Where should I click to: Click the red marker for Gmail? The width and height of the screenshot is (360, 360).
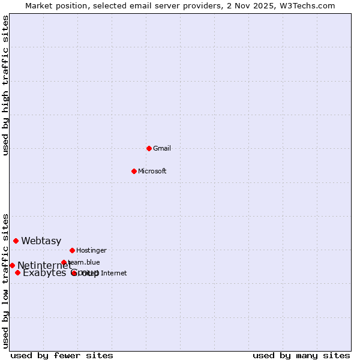pos(149,148)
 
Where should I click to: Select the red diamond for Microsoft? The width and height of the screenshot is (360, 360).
pos(134,171)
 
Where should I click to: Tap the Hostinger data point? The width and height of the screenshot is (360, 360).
pos(72,250)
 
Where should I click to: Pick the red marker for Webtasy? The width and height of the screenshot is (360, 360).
pos(16,241)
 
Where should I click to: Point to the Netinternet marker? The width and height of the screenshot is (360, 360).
pos(12,265)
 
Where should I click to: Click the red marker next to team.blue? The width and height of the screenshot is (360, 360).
pos(64,262)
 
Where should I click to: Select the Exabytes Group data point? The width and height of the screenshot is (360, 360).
pos(17,273)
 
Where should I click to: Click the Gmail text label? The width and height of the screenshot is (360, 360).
pos(162,148)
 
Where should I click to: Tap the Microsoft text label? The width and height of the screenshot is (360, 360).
pos(152,171)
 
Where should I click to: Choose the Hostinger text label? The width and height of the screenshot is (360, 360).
pos(91,250)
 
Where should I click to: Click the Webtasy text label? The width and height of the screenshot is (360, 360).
pos(41,241)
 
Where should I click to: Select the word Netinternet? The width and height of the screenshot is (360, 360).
pos(43,266)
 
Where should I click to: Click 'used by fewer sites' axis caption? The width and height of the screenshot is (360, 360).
pos(62,355)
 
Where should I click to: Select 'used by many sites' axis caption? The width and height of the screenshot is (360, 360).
pos(301,355)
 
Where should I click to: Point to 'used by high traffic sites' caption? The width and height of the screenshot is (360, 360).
pos(5,85)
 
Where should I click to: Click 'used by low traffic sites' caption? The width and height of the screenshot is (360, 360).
pos(5,281)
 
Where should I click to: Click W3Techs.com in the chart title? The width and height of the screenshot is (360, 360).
pos(305,5)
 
